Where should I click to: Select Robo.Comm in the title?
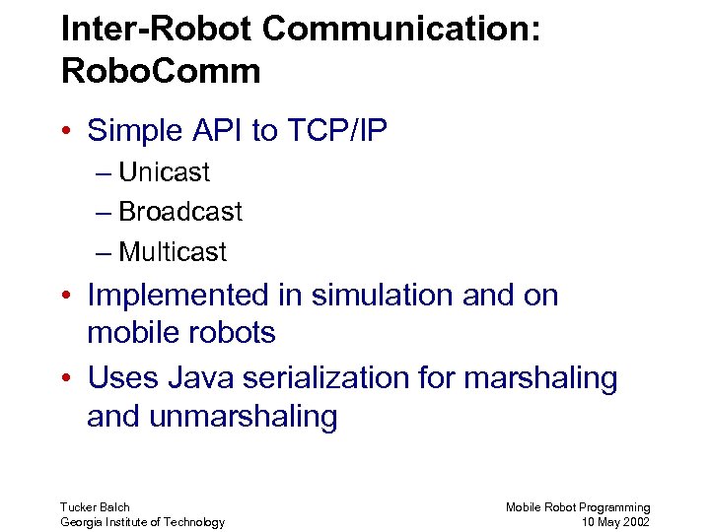pyautogui.click(x=161, y=71)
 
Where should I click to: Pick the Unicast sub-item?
pyautogui.click(x=164, y=172)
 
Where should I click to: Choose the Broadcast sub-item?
pyautogui.click(x=179, y=212)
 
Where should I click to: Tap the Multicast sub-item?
pyautogui.click(x=173, y=252)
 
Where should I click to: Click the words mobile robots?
pyautogui.click(x=181, y=333)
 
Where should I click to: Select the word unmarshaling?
pyautogui.click(x=244, y=417)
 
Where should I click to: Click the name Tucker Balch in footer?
pyautogui.click(x=95, y=507)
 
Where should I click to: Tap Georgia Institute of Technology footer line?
pyautogui.click(x=142, y=522)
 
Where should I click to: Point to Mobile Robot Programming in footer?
pyautogui.click(x=578, y=507)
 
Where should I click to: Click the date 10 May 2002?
pyautogui.click(x=616, y=522)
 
